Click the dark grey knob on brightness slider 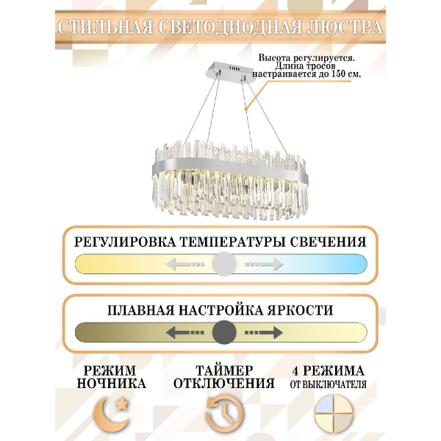coord(223,332)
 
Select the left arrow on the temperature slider coord(183,263)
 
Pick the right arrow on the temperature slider coord(263,263)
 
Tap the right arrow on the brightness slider coord(263,332)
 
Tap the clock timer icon coord(223,415)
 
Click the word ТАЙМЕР coord(223,369)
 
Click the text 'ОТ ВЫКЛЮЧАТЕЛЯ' coord(327,383)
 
